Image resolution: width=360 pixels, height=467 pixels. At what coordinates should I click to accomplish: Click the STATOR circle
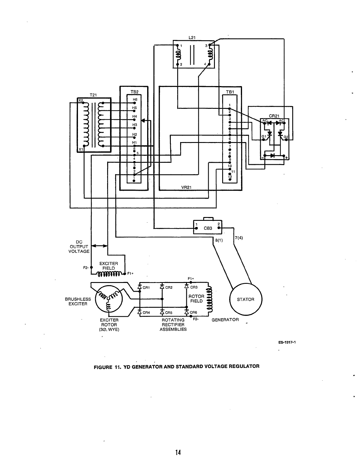pos(246,299)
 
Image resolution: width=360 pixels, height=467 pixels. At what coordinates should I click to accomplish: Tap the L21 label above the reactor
pos(192,38)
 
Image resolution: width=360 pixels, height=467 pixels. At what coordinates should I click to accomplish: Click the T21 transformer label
pos(93,95)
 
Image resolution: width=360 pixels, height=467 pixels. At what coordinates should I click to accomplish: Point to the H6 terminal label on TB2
pos(135,99)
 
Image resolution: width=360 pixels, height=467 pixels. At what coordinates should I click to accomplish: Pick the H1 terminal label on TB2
pos(135,142)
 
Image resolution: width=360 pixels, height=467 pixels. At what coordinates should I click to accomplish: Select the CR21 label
pos(274,116)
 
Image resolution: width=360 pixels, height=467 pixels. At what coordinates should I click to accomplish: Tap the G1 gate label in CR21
pos(264,136)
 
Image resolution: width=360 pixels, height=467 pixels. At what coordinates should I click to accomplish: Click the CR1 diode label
pos(146,288)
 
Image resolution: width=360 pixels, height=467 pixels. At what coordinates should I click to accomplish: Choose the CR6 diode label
pos(194,312)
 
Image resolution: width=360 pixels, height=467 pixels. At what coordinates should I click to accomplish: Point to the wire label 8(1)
pos(219,240)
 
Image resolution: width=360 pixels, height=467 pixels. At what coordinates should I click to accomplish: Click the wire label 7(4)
pos(239,237)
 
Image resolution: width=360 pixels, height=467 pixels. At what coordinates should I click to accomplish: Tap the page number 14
pos(178,452)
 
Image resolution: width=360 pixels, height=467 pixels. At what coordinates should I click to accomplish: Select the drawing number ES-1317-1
pos(287,343)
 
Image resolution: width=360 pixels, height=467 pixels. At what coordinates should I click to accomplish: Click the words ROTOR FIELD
pos(196,299)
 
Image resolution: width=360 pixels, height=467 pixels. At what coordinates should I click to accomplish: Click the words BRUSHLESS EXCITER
pos(78,301)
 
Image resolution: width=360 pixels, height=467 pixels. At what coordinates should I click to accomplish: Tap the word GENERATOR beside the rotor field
pos(225,319)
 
